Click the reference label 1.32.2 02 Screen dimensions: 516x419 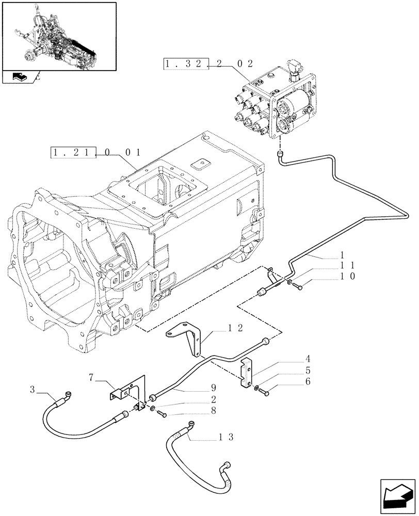point(208,64)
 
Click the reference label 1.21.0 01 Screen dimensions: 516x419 point(95,153)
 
